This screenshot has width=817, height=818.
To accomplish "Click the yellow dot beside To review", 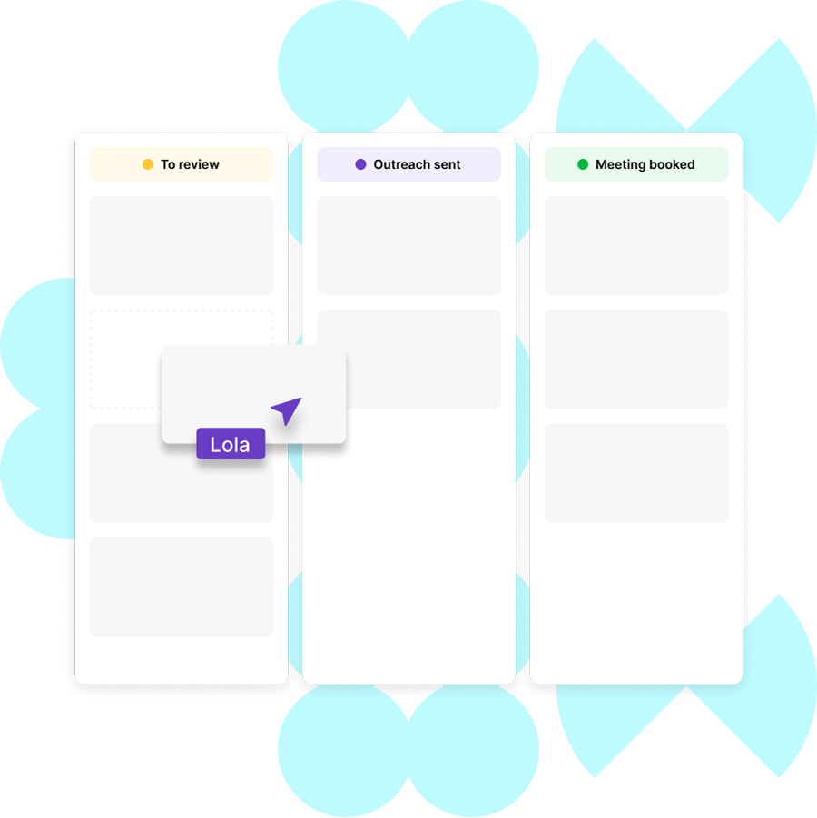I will point(148,164).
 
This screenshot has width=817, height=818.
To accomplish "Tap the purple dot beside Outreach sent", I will point(360,164).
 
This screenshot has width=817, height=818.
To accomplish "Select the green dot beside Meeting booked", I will point(583,164).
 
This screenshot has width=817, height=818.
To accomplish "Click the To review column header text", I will point(190,164).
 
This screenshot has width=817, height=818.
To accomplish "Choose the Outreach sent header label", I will point(417,164).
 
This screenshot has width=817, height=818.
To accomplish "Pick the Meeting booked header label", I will point(645,164).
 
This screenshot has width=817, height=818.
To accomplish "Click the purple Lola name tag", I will point(231,444).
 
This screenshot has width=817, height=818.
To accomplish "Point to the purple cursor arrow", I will point(286,411).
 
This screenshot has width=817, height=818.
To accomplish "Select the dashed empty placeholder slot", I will point(125,359).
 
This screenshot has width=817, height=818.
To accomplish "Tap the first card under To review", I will point(182,245).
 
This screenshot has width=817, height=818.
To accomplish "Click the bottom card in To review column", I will point(182,586).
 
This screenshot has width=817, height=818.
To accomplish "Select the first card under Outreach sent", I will point(408,245).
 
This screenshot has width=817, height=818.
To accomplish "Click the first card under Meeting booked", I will point(636,245).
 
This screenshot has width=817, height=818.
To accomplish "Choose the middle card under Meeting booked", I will point(636,359).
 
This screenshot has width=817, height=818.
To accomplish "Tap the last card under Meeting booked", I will point(636,472).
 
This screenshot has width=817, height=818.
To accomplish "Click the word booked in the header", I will point(673,164).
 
